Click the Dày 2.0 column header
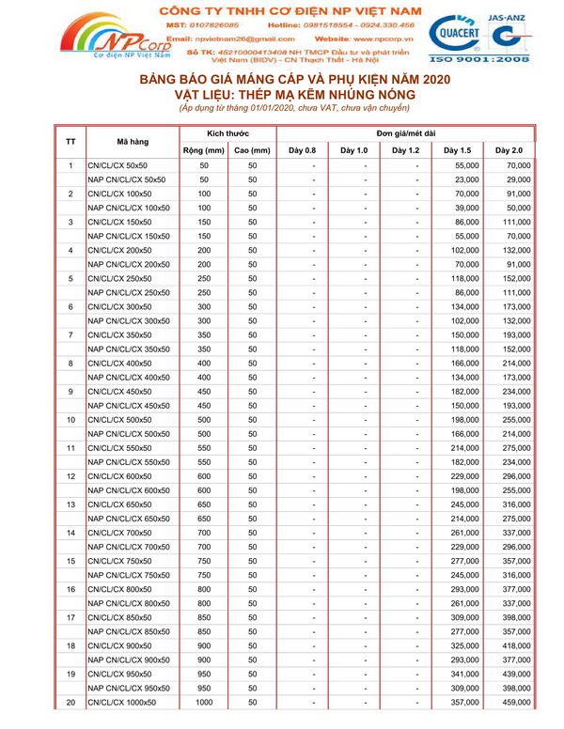(x=509, y=149)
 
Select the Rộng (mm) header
(x=200, y=149)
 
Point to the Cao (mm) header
(x=252, y=149)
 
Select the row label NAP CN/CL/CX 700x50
(x=128, y=546)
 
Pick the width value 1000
(x=204, y=702)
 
